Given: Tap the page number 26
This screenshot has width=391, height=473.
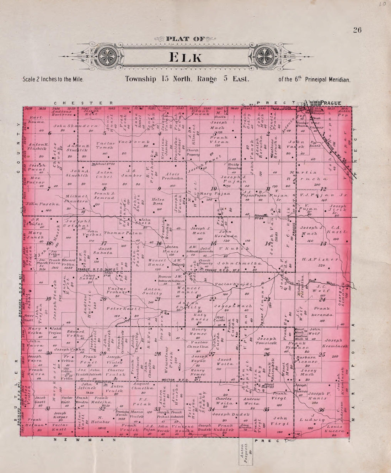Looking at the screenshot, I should point(357,30).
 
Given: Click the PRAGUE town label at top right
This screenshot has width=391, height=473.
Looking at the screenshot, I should point(331,103).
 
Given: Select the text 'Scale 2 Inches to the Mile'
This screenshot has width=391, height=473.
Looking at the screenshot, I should point(53,79).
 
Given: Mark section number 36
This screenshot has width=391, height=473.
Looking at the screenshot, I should point(322,410).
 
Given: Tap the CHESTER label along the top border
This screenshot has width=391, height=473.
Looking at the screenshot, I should point(84,103).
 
